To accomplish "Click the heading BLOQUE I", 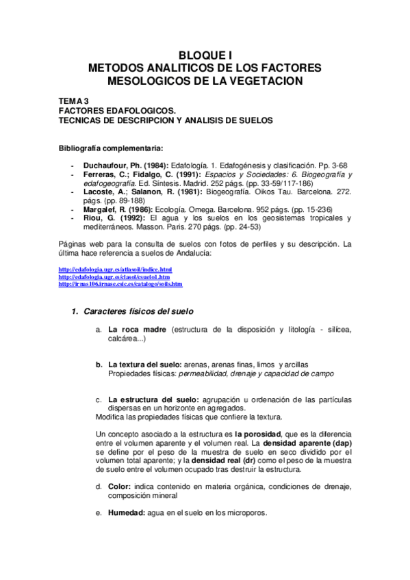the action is pyautogui.click(x=205, y=56).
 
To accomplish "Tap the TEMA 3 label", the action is pyautogui.click(x=74, y=100).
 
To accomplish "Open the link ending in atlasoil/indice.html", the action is pyautogui.click(x=115, y=270).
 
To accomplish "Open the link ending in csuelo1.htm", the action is pyautogui.click(x=114, y=277).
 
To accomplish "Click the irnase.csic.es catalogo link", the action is pyautogui.click(x=120, y=284).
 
